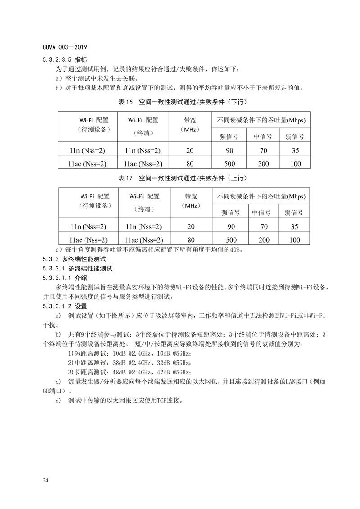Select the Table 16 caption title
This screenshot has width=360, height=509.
pyautogui.click(x=183, y=102)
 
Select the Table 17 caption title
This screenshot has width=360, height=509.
pyautogui.click(x=183, y=179)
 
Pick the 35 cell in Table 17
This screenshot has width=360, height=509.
pyautogui.click(x=295, y=226)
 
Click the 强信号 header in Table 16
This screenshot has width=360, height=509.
pyautogui.click(x=229, y=136)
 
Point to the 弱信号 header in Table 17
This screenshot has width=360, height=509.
pyautogui.click(x=295, y=212)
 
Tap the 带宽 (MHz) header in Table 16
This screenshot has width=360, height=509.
pyautogui.click(x=189, y=125)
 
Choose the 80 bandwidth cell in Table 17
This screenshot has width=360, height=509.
pyautogui.click(x=191, y=240)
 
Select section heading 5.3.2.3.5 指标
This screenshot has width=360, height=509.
pyautogui.click(x=65, y=59)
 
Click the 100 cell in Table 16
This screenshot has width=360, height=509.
pyautogui.click(x=295, y=163)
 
